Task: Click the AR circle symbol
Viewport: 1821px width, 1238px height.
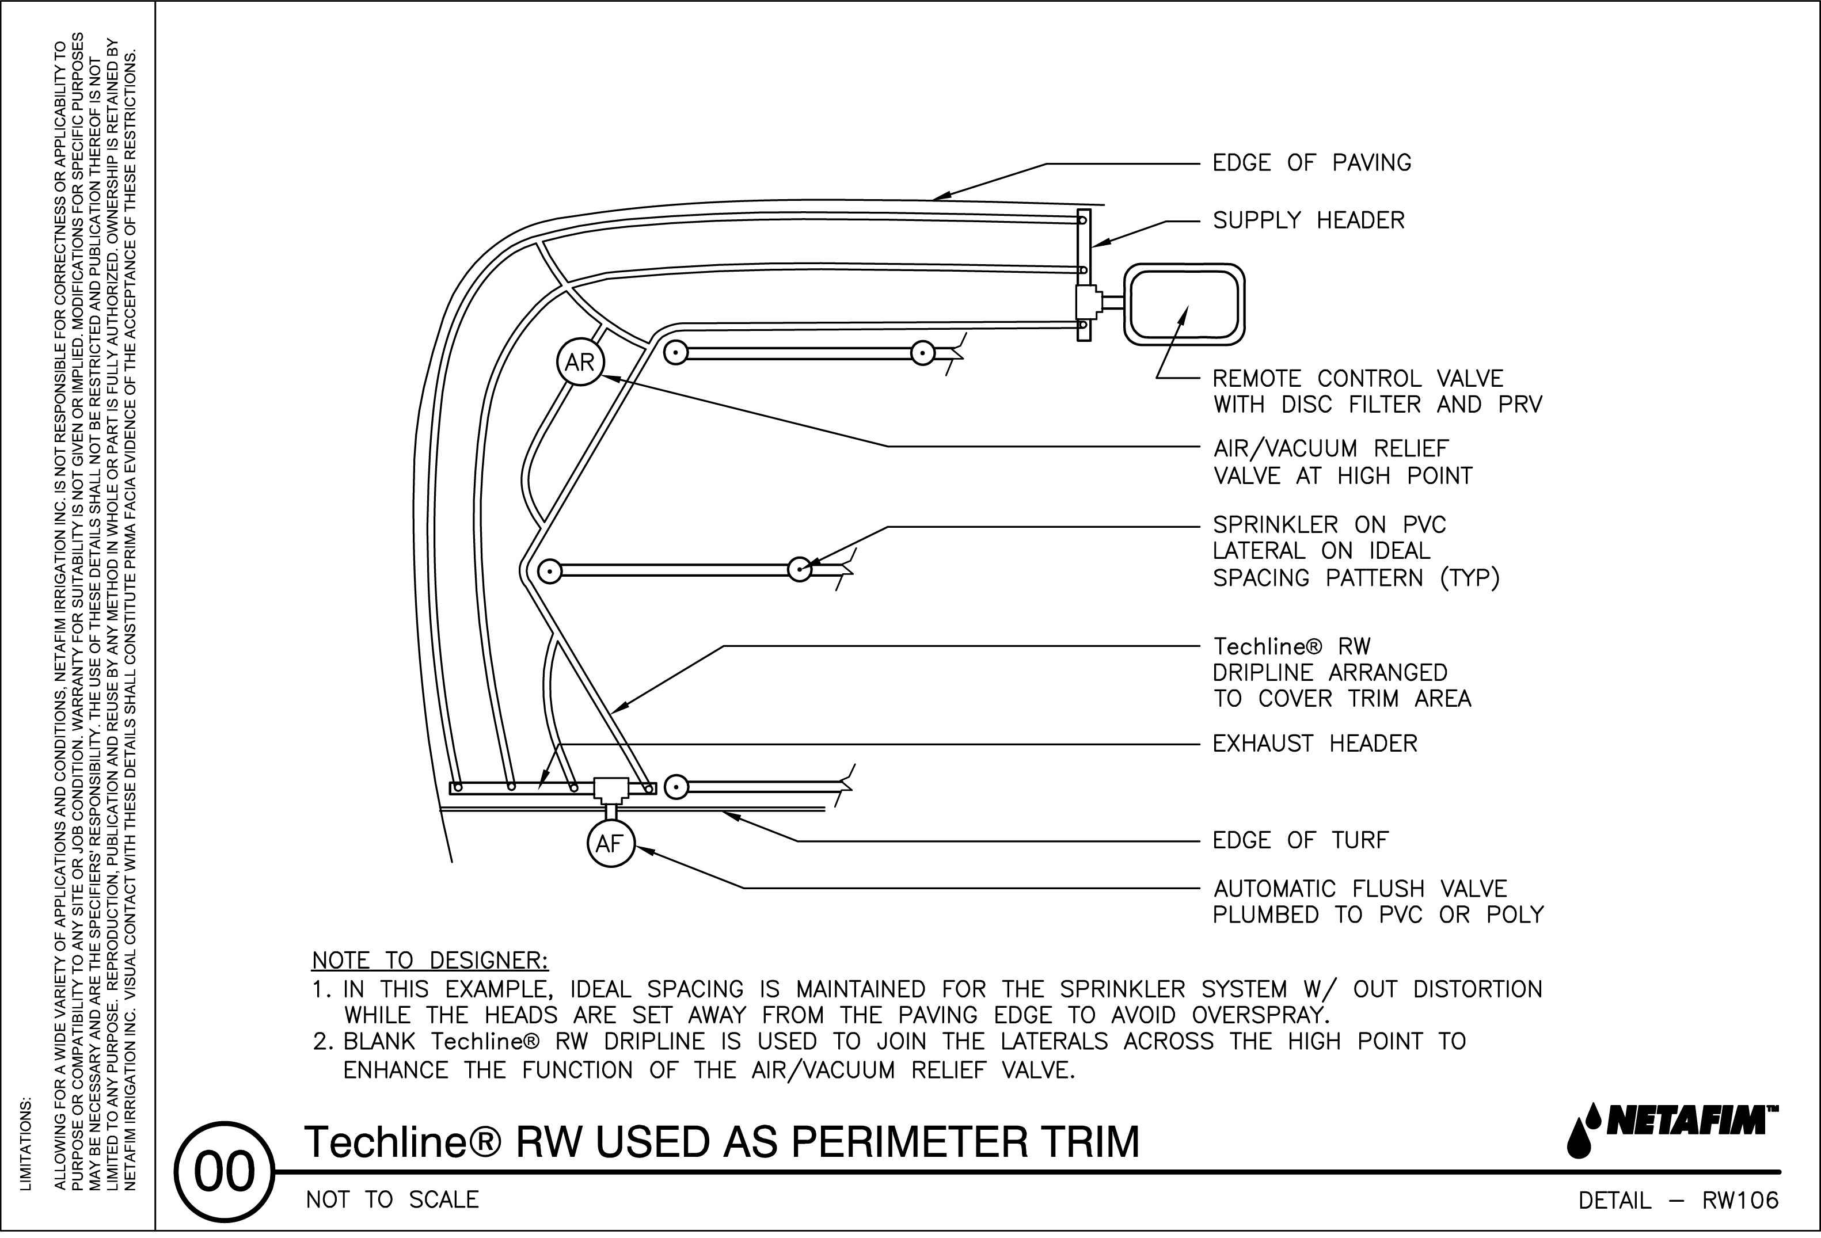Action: [580, 362]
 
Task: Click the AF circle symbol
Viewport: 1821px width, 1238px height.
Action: [610, 844]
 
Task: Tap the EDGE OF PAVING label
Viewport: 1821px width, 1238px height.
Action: [1311, 163]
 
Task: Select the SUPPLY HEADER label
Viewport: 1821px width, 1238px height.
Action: [1309, 221]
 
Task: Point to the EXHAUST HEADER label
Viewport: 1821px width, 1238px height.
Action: [1315, 744]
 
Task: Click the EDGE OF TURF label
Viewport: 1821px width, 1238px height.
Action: [1300, 841]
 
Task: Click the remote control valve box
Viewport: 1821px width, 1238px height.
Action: [1184, 305]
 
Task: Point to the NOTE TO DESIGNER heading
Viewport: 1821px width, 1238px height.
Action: [430, 961]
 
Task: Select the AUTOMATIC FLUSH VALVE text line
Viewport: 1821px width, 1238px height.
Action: [1359, 889]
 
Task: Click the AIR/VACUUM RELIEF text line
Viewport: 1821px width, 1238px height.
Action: [1330, 449]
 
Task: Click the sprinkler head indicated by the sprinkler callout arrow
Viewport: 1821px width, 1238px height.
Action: [799, 570]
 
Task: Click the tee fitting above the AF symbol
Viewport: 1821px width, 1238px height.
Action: [609, 789]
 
